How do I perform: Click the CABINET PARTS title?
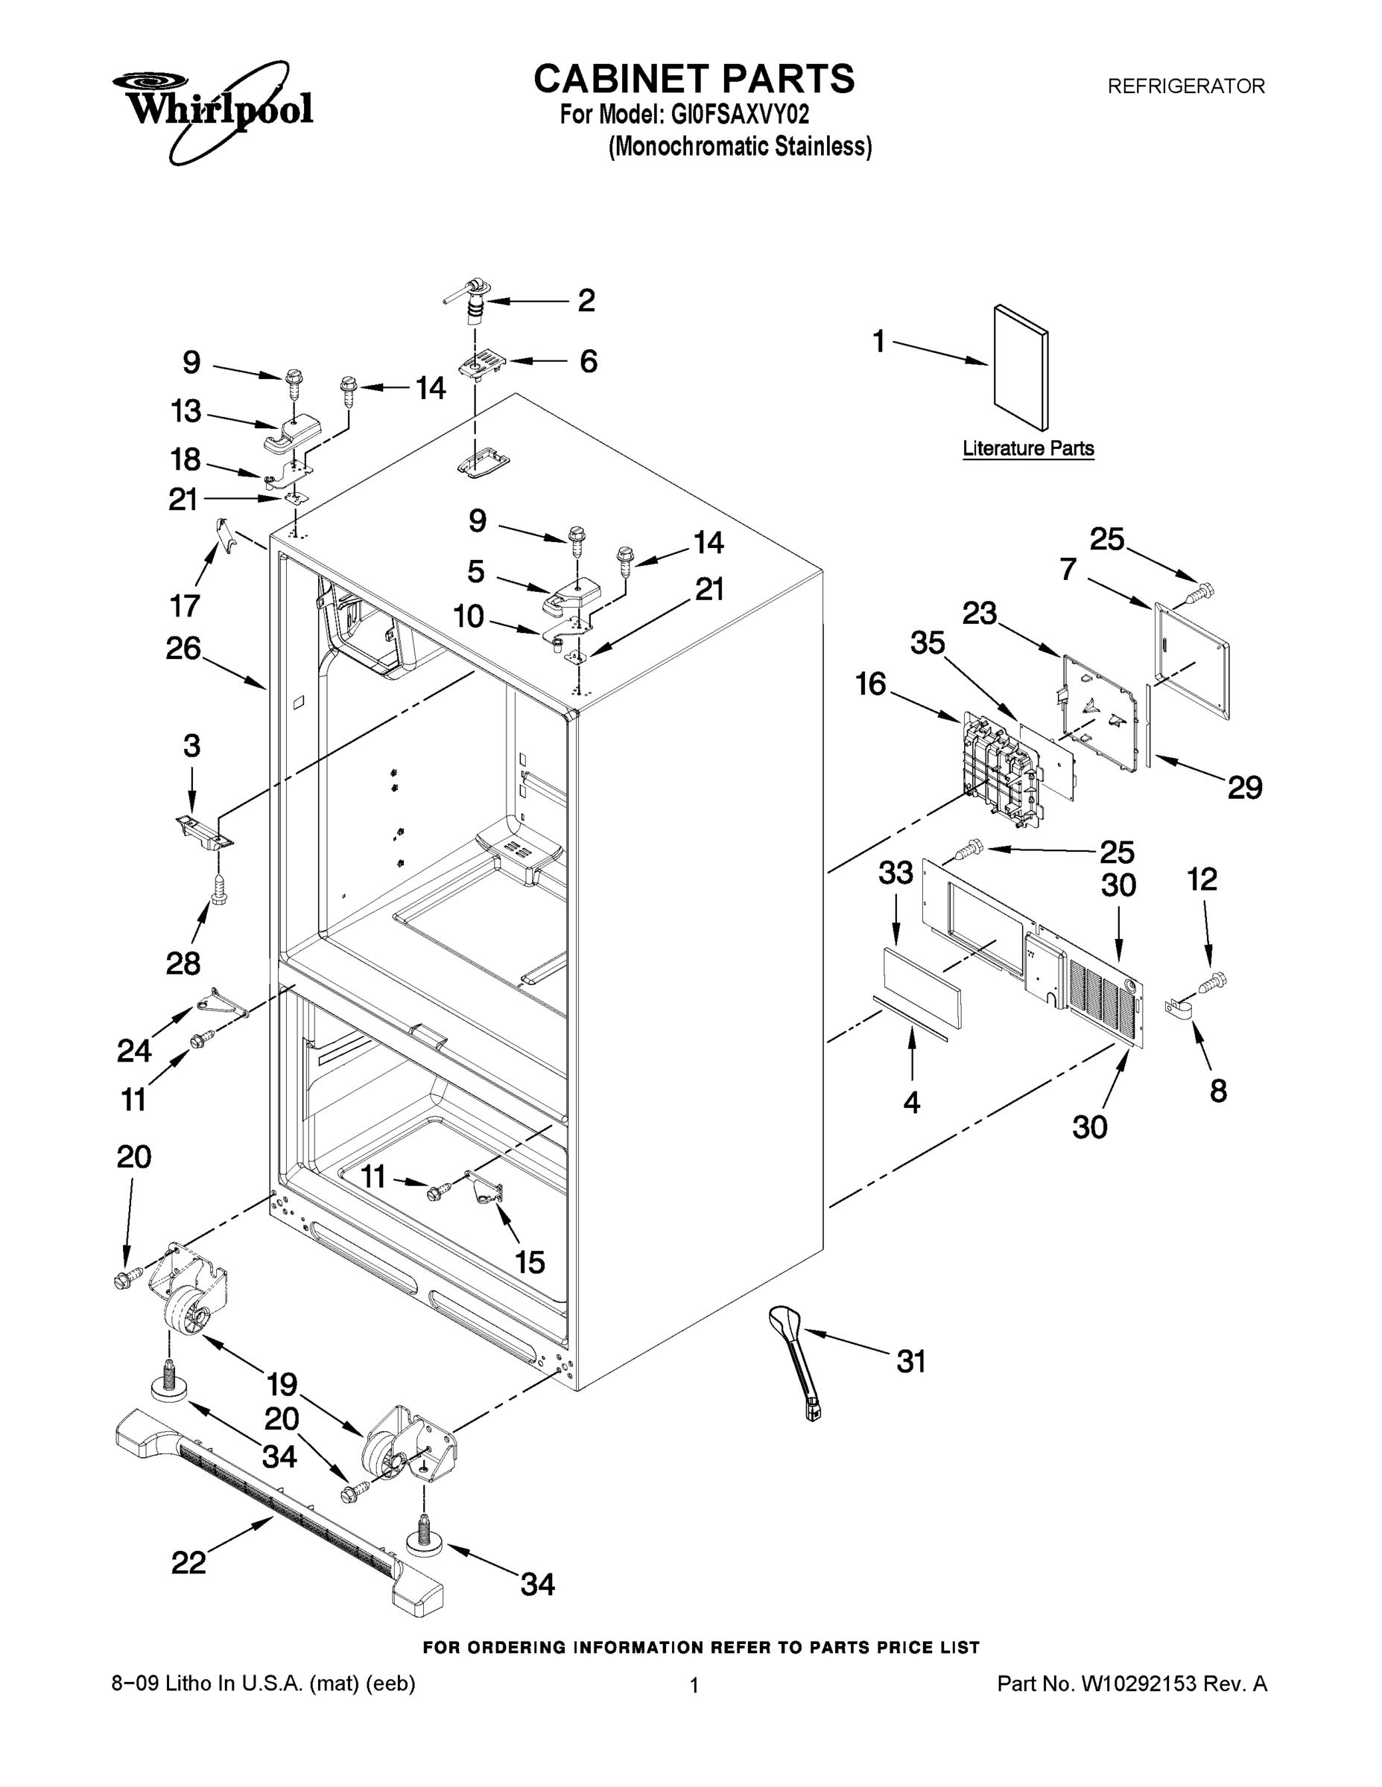pos(694,80)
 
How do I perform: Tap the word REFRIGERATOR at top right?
pos(1185,86)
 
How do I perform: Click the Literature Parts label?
pos(1027,448)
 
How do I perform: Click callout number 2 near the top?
pos(586,300)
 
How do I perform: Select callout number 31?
pos(910,1363)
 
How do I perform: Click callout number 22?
pos(188,1562)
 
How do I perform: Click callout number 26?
pos(183,648)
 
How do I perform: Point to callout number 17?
pos(185,605)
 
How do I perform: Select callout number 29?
pos(1244,787)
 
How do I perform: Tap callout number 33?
pos(896,873)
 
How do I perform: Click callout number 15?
pos(530,1263)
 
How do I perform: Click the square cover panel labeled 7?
pos(1192,659)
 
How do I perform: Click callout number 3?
pos(191,745)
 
